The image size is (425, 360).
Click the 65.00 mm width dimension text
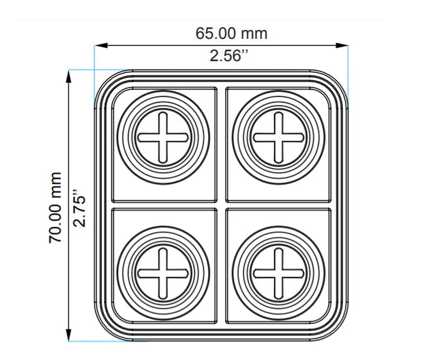click(232, 34)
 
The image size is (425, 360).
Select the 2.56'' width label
click(229, 56)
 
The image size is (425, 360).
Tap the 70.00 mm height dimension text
click(55, 207)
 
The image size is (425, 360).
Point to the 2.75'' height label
click(80, 208)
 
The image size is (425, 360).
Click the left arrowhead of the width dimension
click(101, 45)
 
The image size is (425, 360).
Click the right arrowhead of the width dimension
click(341, 45)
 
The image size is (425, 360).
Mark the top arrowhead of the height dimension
click(68, 77)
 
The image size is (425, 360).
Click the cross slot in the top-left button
click(163, 138)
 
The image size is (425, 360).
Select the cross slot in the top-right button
click(278, 138)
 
